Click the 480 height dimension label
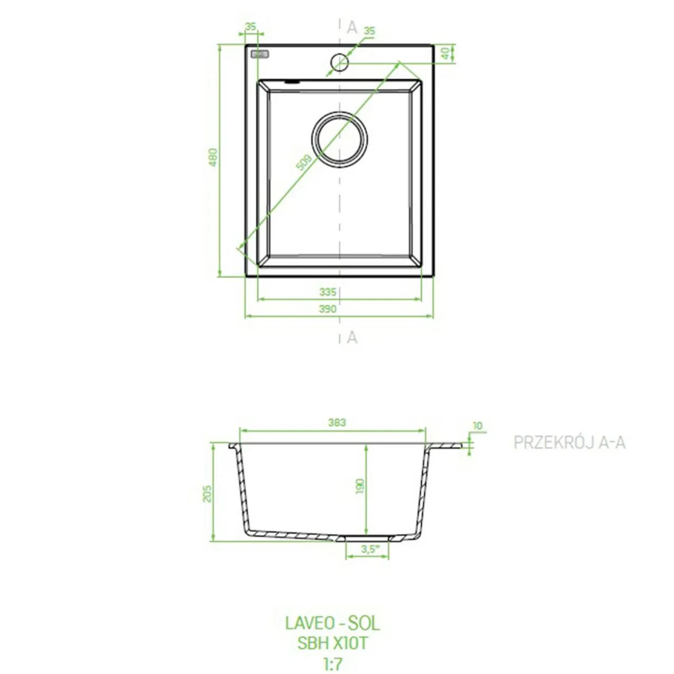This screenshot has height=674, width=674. (213, 157)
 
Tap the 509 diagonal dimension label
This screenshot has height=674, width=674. (304, 163)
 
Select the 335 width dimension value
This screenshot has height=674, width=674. (328, 292)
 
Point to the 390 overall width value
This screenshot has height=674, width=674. (328, 309)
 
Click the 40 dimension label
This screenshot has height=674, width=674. (445, 53)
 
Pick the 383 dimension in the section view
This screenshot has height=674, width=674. (337, 422)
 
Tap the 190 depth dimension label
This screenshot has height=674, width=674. (360, 486)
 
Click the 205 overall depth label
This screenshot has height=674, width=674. (208, 494)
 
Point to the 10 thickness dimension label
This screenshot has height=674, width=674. (477, 426)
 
